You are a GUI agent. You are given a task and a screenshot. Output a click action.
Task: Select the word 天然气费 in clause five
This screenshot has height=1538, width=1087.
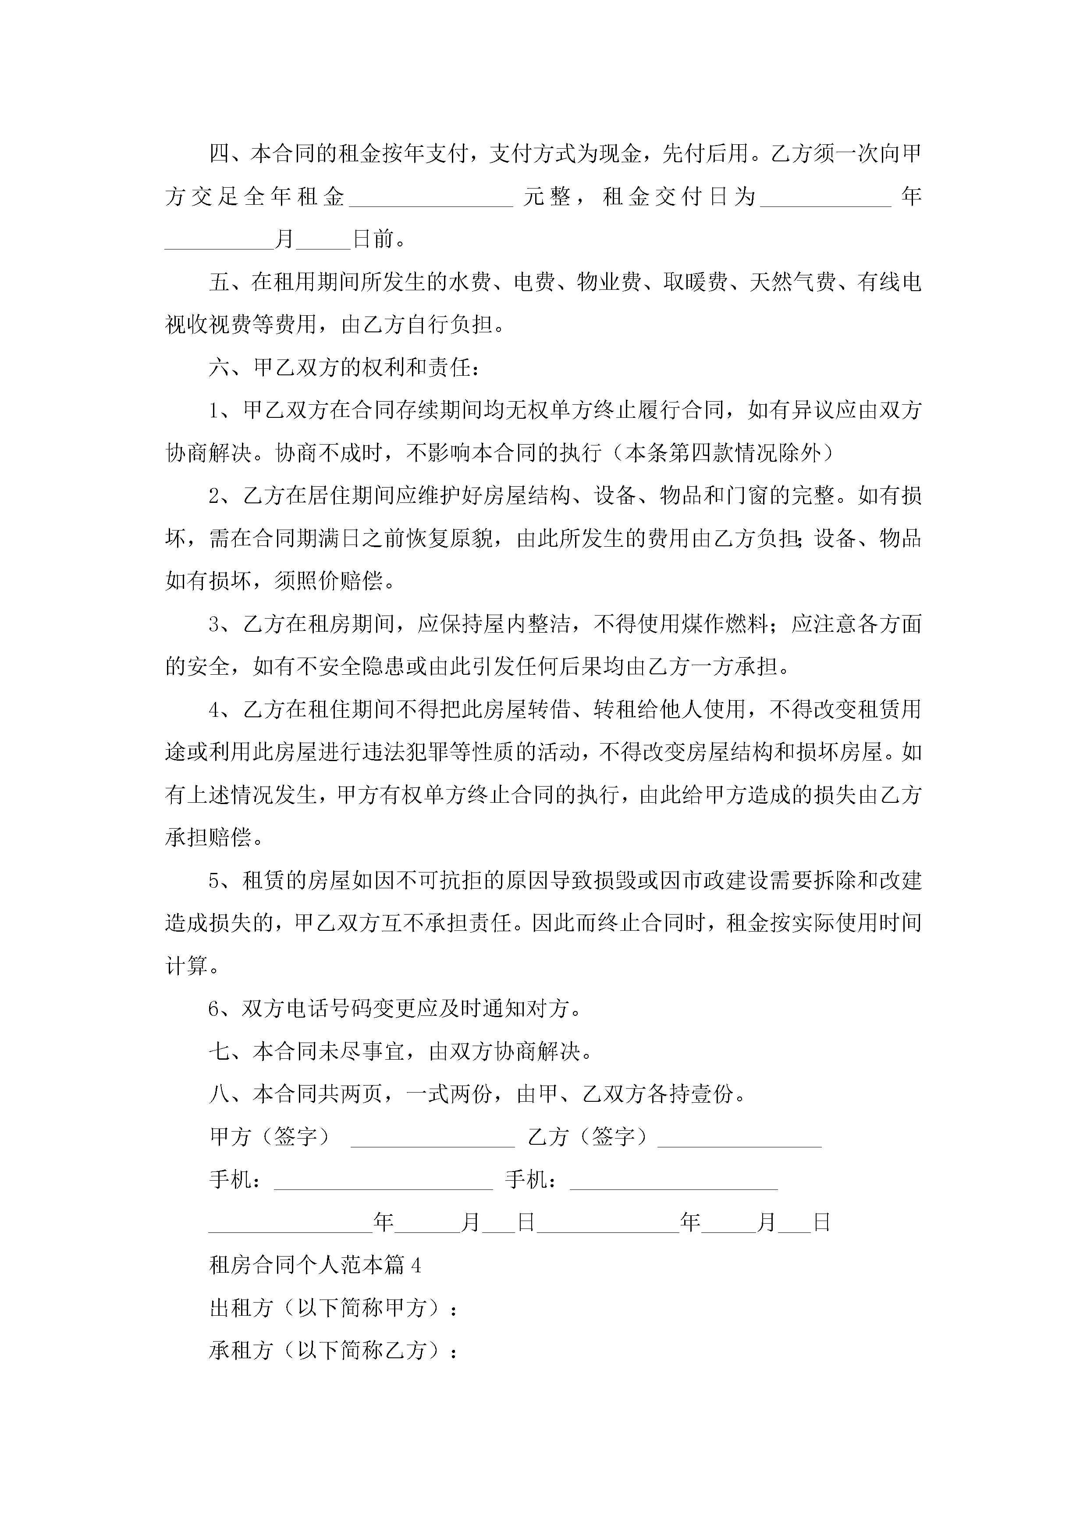(x=792, y=282)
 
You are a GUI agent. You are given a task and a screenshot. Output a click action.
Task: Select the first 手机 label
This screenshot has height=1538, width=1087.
(x=231, y=1180)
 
